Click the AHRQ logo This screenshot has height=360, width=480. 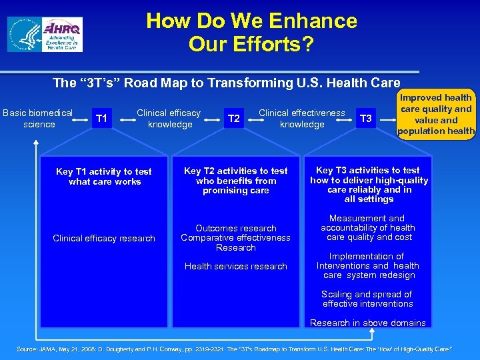[x=45, y=35]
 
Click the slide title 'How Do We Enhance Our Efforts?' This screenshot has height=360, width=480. [x=251, y=32]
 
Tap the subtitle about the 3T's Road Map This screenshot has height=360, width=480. [x=226, y=83]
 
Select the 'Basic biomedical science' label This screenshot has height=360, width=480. [x=39, y=119]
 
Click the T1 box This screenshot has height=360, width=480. [x=100, y=119]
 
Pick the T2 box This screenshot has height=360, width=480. [x=233, y=119]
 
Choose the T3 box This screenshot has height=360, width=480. [x=366, y=119]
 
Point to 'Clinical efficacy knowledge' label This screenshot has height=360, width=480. [x=169, y=119]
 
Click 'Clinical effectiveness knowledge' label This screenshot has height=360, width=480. [x=301, y=119]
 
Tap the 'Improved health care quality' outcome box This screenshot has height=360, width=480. [x=436, y=114]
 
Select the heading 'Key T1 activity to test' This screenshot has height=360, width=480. [x=104, y=177]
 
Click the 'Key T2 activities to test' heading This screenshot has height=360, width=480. [x=236, y=181]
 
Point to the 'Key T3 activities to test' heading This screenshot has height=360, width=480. [x=369, y=185]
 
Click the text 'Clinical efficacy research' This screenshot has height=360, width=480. [x=104, y=238]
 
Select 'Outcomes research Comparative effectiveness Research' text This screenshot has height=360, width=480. [x=236, y=238]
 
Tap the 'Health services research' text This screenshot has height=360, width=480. [x=236, y=266]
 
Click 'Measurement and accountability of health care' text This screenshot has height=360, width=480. [x=368, y=227]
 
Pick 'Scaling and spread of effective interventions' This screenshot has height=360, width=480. [x=367, y=299]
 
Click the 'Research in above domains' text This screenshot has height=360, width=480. [x=367, y=323]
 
